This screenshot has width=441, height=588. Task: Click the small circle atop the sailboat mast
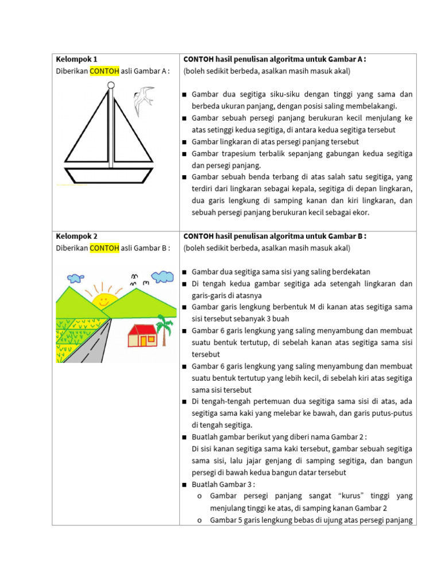111,85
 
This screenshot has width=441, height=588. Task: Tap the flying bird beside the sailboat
143,100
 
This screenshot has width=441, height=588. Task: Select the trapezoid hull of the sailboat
109,175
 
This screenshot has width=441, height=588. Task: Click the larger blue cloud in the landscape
164,276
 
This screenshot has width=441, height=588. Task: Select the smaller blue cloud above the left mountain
75,278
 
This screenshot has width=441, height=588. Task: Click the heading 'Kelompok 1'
76,59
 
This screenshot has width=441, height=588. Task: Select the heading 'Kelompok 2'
76,236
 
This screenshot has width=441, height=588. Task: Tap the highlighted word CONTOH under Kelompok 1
104,71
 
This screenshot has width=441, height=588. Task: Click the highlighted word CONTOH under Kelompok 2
104,248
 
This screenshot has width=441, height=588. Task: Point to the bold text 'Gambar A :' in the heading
347,59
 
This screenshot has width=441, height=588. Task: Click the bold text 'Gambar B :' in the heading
347,236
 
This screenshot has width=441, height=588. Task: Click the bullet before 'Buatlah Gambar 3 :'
185,485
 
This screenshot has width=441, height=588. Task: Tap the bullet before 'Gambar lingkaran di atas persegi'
185,142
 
